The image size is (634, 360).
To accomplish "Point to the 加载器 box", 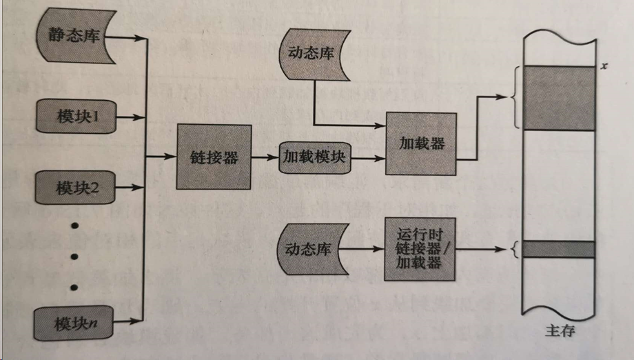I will (x=420, y=143).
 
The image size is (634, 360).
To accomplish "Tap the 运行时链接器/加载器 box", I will (x=420, y=249).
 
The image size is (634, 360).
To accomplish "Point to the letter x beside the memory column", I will (x=604, y=66).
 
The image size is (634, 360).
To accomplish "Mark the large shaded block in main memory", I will (x=559, y=98).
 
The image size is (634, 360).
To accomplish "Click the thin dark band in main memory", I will (x=559, y=248).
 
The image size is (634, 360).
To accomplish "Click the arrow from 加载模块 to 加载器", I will (x=368, y=158).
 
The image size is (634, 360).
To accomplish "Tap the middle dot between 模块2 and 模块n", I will (x=74, y=257).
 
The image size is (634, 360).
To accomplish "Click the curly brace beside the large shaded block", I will (x=514, y=98).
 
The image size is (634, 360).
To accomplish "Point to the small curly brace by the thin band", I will (x=515, y=249).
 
